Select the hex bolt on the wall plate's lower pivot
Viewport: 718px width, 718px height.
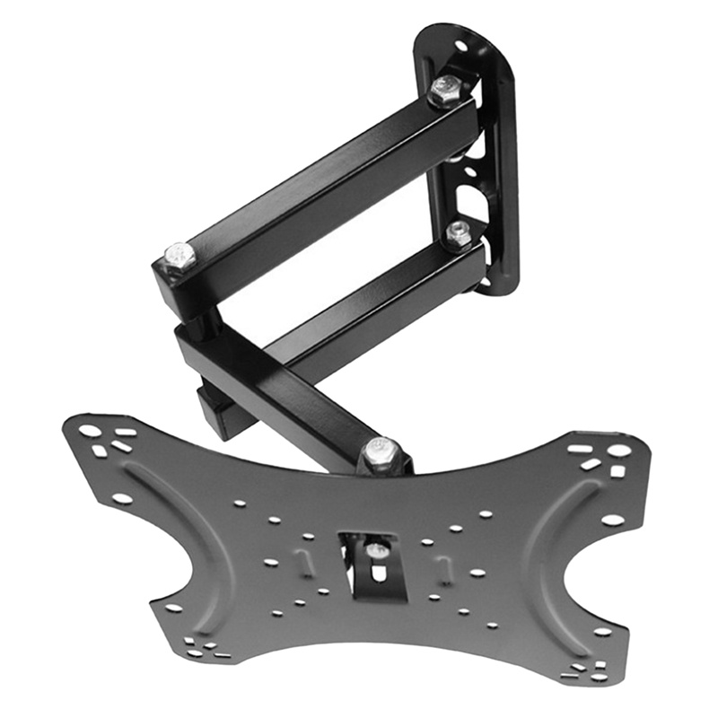coord(459,235)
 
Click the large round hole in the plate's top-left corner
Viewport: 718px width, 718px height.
coord(90,431)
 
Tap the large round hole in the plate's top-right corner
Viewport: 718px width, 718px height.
coord(619,451)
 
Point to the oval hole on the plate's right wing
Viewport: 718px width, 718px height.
coord(612,520)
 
